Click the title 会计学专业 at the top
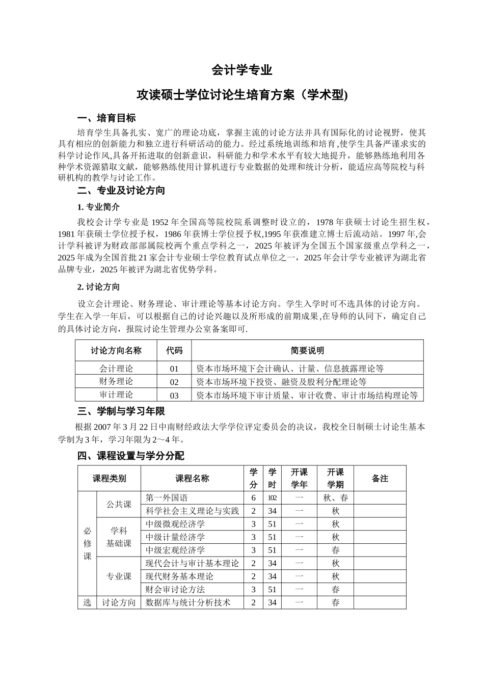pyautogui.click(x=241, y=70)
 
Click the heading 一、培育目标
pyautogui.click(x=106, y=118)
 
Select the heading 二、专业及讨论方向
pyautogui.click(x=121, y=191)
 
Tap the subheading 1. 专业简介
pyautogui.click(x=98, y=207)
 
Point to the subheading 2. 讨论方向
pyautogui.click(x=98, y=287)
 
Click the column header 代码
pyautogui.click(x=174, y=351)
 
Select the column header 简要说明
pyautogui.click(x=307, y=351)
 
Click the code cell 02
pyautogui.click(x=174, y=382)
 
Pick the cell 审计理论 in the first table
pyautogui.click(x=116, y=395)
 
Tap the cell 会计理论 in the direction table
pyautogui.click(x=116, y=368)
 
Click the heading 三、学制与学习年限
pyautogui.click(x=121, y=411)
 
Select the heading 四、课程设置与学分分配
pyautogui.click(x=131, y=456)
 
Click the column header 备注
pyautogui.click(x=380, y=479)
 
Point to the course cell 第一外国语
pyautogui.click(x=167, y=498)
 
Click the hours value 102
pyautogui.click(x=272, y=498)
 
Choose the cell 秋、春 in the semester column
pyautogui.click(x=335, y=498)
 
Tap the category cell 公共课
pyautogui.click(x=119, y=505)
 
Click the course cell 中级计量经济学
pyautogui.click(x=175, y=537)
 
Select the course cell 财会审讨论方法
pyautogui.click(x=175, y=590)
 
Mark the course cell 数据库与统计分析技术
pyautogui.click(x=188, y=603)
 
